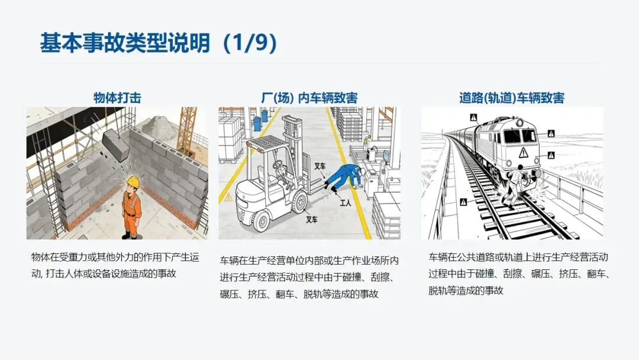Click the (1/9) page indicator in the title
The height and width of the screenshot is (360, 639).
[250, 43]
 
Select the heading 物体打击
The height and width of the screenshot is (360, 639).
[117, 98]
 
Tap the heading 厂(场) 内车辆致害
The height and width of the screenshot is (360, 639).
[309, 98]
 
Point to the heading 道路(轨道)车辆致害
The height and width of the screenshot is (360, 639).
[512, 98]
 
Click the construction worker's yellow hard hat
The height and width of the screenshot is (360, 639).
[133, 181]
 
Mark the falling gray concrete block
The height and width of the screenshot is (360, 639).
[116, 144]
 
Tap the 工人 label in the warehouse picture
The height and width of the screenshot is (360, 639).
[345, 202]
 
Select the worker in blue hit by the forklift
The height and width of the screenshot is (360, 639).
[344, 176]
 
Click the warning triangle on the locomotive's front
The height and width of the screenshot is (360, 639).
[523, 153]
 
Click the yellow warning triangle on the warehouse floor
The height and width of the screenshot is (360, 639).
[228, 198]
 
